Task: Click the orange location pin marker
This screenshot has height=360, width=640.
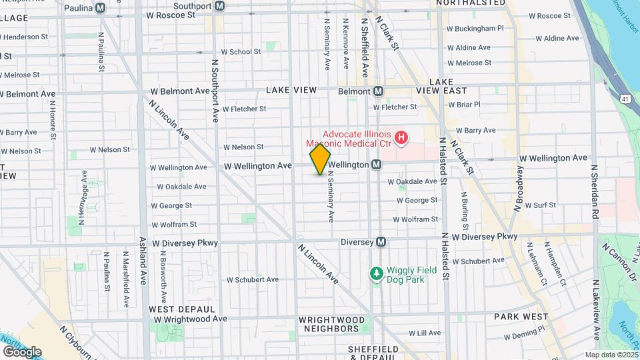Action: click(x=320, y=159)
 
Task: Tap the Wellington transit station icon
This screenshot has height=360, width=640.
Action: click(x=376, y=164)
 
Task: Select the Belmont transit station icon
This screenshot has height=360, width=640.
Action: click(x=378, y=91)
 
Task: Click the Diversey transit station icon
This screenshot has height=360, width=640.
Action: click(x=381, y=242)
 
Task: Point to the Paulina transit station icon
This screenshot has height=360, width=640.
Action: click(x=101, y=7)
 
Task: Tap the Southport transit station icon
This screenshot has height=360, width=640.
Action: click(x=220, y=7)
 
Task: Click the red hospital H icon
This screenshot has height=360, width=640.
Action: click(x=401, y=138)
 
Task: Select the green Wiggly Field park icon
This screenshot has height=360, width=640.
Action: click(x=377, y=273)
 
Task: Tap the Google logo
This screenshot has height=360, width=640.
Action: click(x=21, y=351)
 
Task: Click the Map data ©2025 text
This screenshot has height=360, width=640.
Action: click(x=611, y=355)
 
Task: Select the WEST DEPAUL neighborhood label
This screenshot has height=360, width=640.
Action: click(x=181, y=309)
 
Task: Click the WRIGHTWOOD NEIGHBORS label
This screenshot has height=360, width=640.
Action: click(x=332, y=324)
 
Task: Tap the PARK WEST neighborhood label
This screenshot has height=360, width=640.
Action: click(x=520, y=317)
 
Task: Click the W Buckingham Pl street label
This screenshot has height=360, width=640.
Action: click(x=475, y=29)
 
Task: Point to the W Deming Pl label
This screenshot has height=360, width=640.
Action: click(x=526, y=328)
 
